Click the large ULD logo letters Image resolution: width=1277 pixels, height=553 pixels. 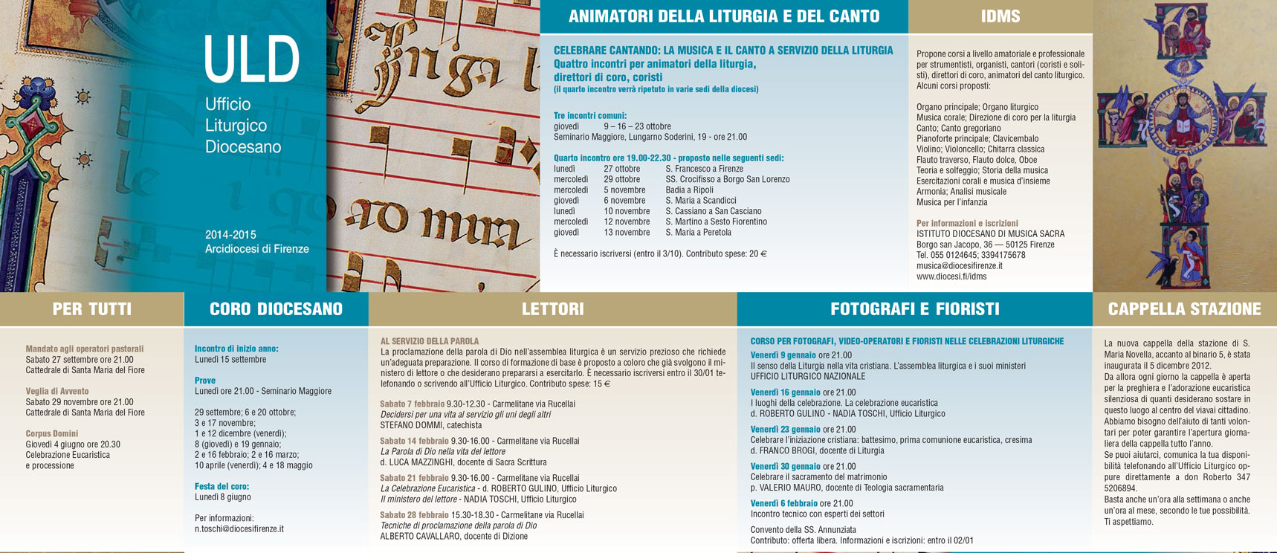(x=251, y=59)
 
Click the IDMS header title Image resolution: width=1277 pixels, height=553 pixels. (x=1000, y=16)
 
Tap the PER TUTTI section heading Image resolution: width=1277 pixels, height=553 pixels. (x=91, y=309)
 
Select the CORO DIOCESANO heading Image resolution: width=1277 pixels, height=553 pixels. (x=276, y=309)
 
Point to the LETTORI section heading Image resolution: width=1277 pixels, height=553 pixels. (x=552, y=309)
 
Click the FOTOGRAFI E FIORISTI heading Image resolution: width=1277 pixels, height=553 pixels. (x=914, y=309)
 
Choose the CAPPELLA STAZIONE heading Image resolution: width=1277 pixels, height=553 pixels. (x=1184, y=309)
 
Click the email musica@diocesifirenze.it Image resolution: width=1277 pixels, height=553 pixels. (x=959, y=265)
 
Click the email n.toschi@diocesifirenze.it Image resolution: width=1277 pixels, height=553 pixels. (x=239, y=529)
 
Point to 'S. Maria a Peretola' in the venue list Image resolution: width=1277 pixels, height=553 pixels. (x=698, y=233)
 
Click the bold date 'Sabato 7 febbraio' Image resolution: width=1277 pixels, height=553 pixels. (x=412, y=404)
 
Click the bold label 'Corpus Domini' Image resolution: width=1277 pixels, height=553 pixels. (x=51, y=433)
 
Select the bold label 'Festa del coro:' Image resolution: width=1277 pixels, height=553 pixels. (x=222, y=487)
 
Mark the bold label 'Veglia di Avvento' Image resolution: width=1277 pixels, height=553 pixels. (x=57, y=391)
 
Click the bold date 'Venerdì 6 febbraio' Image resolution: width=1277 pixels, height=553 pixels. (x=783, y=504)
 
